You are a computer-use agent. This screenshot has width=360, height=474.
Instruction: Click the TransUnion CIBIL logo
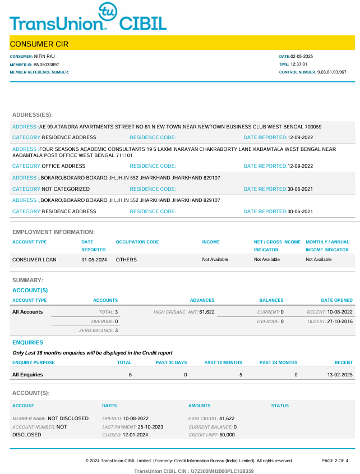[x=87, y=18]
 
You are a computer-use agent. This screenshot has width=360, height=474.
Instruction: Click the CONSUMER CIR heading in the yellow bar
[x=39, y=44]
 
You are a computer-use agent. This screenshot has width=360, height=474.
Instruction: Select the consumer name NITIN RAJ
[x=44, y=57]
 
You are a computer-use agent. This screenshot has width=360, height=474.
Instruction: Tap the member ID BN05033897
[x=47, y=65]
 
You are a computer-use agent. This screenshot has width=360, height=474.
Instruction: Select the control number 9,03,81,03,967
[x=332, y=72]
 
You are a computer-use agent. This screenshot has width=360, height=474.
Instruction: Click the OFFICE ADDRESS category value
[x=63, y=166]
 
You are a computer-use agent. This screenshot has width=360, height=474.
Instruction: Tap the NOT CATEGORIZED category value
[x=66, y=189]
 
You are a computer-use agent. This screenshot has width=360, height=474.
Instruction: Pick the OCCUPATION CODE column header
[x=137, y=242]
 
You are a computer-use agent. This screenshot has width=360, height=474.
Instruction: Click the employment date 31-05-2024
[x=94, y=260]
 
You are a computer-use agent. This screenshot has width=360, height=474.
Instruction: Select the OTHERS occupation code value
[x=126, y=260]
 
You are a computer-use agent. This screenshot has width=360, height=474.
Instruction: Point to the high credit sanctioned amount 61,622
[x=207, y=312]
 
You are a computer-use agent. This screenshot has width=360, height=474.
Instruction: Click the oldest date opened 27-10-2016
[x=340, y=321]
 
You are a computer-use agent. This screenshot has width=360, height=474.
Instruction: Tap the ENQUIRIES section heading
[x=27, y=342]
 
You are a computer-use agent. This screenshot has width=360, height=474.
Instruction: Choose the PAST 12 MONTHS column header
[x=223, y=362]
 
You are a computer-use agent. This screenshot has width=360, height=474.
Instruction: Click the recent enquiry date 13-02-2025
[x=340, y=374]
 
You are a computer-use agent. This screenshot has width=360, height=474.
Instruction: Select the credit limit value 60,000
[x=227, y=435]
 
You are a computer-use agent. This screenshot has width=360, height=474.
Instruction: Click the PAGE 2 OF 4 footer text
[x=335, y=461]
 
